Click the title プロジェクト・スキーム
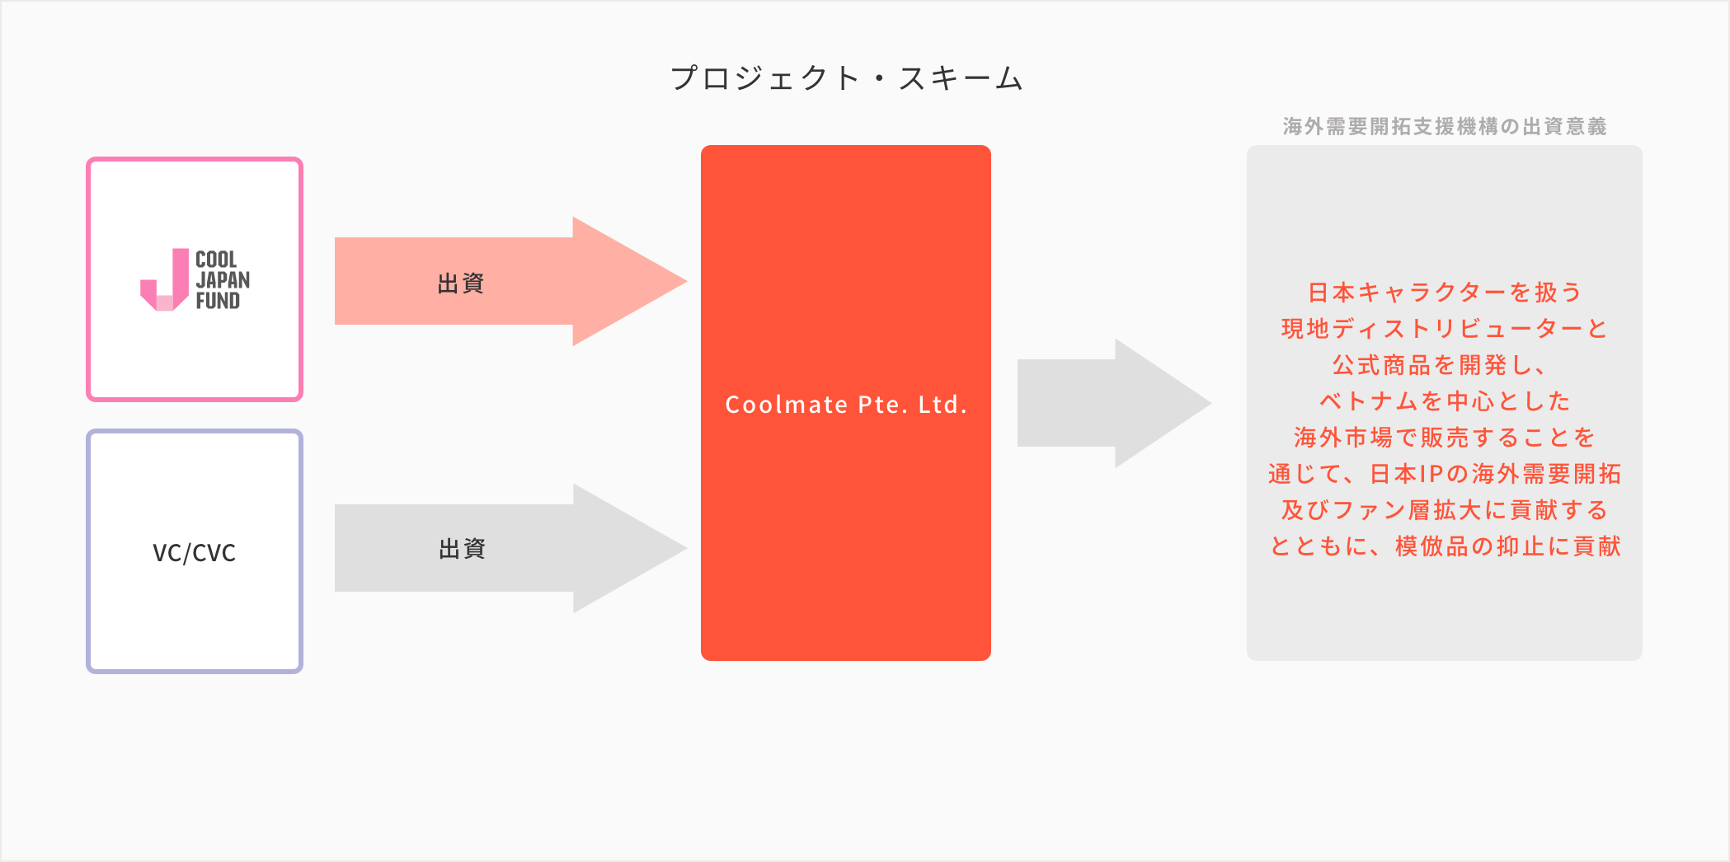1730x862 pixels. pos(846,79)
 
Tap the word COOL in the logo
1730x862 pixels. pos(216,260)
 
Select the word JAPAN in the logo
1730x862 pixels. pos(223,280)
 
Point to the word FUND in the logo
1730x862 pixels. pos(218,301)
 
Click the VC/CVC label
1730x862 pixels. pos(195,552)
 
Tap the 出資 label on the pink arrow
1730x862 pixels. pos(461,283)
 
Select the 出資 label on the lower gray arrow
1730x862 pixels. pos(462,549)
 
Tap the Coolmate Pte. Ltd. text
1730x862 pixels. pos(846,405)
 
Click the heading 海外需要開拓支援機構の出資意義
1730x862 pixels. pos(1445,126)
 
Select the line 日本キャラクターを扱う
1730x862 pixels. pos(1445,293)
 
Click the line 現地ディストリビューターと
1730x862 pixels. pos(1445,329)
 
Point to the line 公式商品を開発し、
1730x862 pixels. pos(1440,365)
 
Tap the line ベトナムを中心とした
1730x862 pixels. pos(1445,401)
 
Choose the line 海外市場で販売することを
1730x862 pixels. pos(1445,438)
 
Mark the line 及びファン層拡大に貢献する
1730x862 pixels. pos(1445,510)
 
